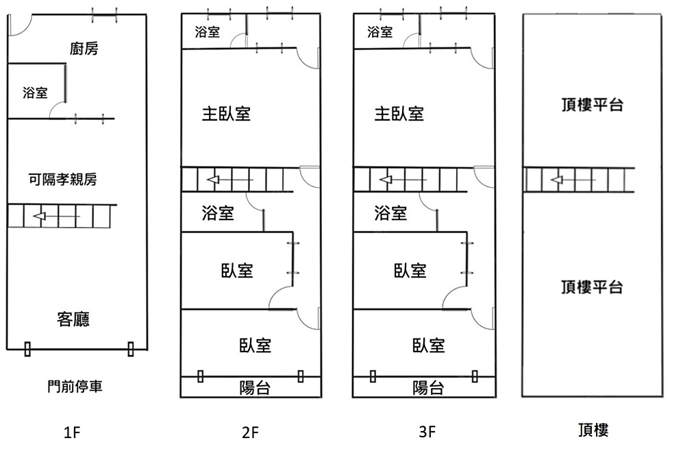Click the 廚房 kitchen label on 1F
pos(84,49)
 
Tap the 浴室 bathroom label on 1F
pos(36,93)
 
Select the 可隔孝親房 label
pos(62,180)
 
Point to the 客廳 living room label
pos(74,319)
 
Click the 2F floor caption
pos(250,432)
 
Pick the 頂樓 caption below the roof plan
pos(593,430)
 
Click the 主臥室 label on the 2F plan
pos(226,113)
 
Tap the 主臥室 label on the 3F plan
pos(399,113)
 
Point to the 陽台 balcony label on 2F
pos(255,389)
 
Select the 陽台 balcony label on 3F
pos(428,389)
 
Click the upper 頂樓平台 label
pos(592,105)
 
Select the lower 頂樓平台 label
pos(592,287)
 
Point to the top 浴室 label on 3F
pos(380,32)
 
